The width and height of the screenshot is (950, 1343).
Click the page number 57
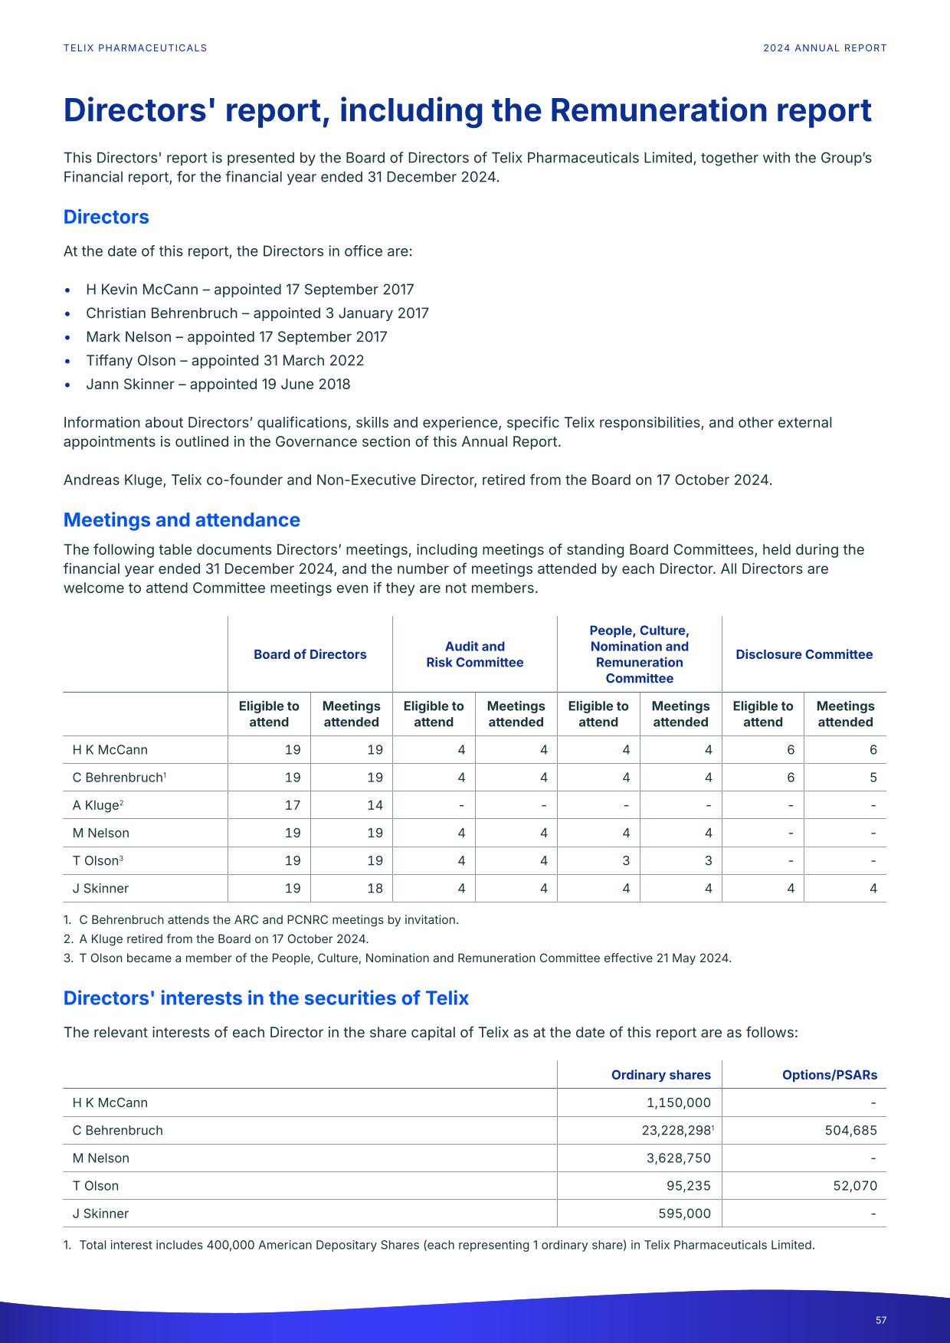(x=881, y=1320)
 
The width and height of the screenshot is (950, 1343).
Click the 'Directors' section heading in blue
(x=106, y=217)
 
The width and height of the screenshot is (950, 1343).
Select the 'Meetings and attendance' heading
(x=182, y=519)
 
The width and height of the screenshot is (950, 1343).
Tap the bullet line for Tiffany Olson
(x=224, y=360)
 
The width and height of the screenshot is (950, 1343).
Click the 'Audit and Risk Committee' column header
(x=474, y=654)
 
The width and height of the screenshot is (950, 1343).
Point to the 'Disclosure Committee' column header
(x=804, y=654)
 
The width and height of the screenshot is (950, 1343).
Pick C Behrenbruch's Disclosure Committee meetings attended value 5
(x=873, y=778)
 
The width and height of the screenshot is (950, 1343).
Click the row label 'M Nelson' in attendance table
(x=101, y=833)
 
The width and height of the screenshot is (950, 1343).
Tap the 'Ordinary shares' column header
(x=660, y=1075)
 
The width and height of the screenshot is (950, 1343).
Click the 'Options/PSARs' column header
(x=829, y=1075)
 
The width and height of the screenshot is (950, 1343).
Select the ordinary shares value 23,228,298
(x=678, y=1131)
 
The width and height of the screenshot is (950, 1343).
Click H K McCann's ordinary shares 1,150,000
(x=678, y=1103)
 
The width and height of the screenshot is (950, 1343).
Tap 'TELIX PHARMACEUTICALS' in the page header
(x=135, y=48)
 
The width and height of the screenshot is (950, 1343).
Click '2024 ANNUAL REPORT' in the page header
(x=824, y=48)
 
